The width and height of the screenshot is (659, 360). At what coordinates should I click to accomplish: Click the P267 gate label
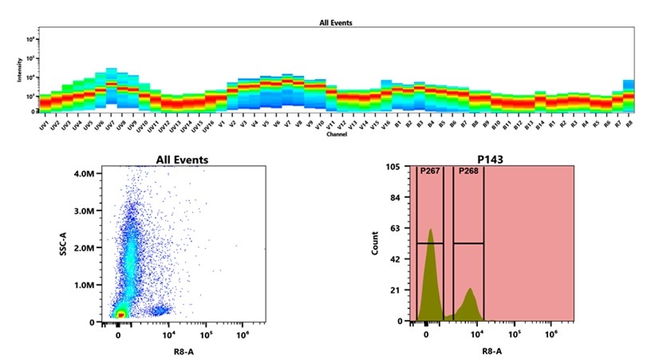430,170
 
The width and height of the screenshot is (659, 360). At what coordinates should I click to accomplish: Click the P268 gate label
468,170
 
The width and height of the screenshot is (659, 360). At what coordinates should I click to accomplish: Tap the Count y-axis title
376,243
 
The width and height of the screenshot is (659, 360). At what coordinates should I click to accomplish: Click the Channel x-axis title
336,134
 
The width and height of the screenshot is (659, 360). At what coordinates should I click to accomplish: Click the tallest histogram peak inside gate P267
430,231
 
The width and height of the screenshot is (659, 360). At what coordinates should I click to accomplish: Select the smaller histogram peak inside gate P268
471,290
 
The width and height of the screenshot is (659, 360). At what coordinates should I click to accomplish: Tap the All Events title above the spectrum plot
336,23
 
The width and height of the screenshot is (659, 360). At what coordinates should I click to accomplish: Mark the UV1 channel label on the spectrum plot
44,126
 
